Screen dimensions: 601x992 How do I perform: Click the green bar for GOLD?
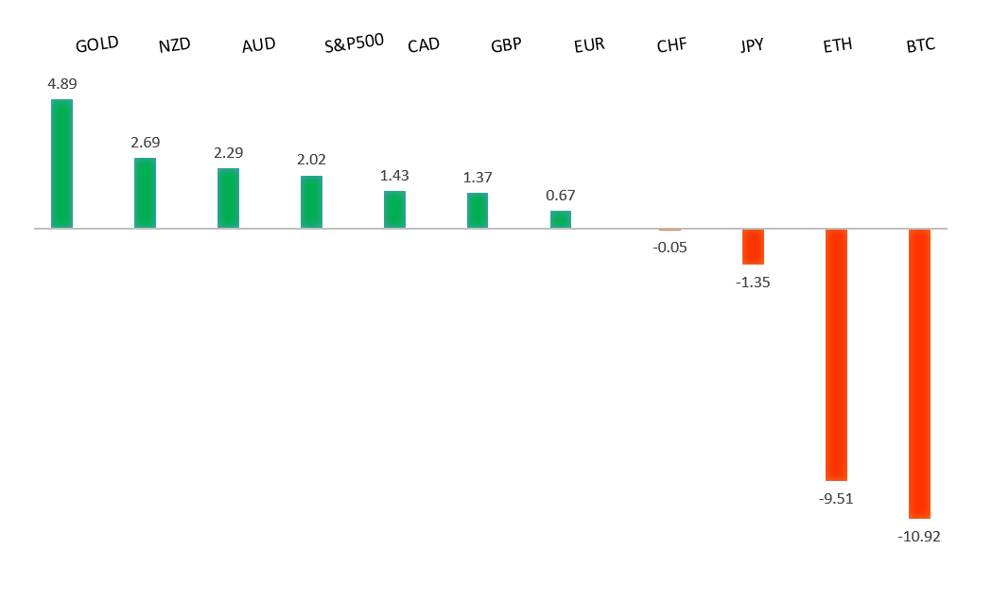61,163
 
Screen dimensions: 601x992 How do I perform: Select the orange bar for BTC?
919,373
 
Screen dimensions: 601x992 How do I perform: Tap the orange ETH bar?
836,354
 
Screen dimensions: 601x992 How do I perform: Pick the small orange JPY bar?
753,247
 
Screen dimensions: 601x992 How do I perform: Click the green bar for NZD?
145,193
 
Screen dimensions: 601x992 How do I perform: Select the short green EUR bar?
561,219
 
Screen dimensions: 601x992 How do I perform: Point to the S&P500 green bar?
311,201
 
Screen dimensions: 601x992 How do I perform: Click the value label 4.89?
62,83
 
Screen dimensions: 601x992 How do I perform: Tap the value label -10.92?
918,536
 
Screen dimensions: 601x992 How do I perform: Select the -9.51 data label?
836,499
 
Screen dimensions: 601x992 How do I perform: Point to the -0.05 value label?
670,248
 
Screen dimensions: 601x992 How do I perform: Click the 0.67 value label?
561,195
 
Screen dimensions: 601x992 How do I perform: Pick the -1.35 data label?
753,282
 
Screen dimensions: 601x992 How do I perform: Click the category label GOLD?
96,44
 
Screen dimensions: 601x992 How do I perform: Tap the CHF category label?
671,45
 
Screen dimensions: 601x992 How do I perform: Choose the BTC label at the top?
920,43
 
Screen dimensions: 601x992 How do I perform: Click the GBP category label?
506,45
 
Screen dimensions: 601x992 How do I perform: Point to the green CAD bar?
394,209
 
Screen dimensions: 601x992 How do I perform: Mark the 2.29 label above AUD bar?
228,152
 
